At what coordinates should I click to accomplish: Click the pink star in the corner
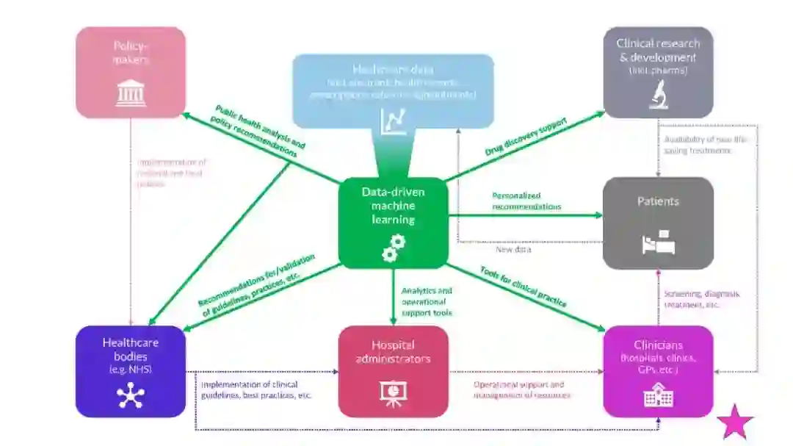pos(735,422)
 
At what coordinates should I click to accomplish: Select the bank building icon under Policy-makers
pos(131,93)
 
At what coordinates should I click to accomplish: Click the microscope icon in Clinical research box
pos(658,95)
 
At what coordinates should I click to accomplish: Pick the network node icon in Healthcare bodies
pos(131,395)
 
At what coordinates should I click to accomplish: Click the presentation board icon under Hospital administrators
pos(394,392)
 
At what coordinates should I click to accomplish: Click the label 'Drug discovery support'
pos(525,136)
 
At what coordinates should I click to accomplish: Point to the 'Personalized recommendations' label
pos(526,201)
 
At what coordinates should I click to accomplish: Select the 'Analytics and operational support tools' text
pos(427,302)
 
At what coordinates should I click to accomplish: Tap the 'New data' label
pos(513,250)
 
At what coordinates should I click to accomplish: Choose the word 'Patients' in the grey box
pos(658,201)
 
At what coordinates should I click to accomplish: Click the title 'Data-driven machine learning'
pos(394,205)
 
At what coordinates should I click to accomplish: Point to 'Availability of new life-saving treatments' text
pos(698,144)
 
